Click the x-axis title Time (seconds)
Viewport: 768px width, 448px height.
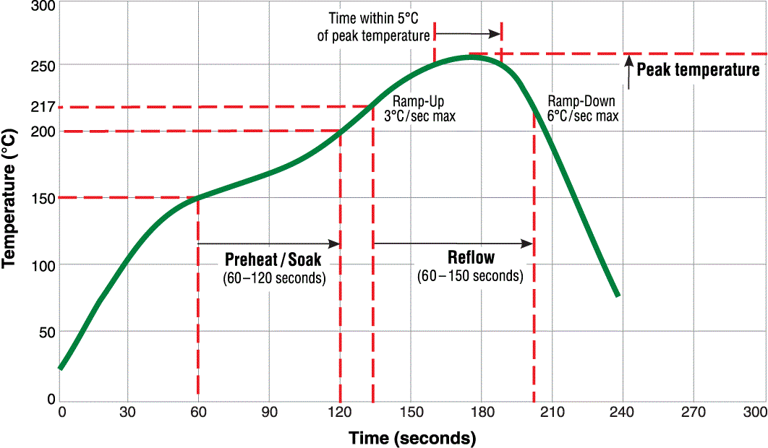tap(412, 437)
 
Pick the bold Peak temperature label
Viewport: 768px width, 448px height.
tap(698, 70)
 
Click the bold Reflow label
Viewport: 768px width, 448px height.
tap(471, 258)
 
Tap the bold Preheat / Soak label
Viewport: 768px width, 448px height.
tap(273, 259)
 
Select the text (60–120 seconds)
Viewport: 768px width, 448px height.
tap(273, 277)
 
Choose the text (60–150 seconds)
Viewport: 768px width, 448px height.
tap(470, 276)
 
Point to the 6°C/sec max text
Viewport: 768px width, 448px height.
tap(583, 116)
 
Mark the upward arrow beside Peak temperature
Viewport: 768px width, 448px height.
tap(629, 71)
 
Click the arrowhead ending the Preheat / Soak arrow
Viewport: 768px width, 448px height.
tap(336, 244)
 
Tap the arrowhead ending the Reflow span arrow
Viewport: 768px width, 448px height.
tap(529, 244)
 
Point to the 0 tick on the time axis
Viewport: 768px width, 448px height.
tap(62, 413)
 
